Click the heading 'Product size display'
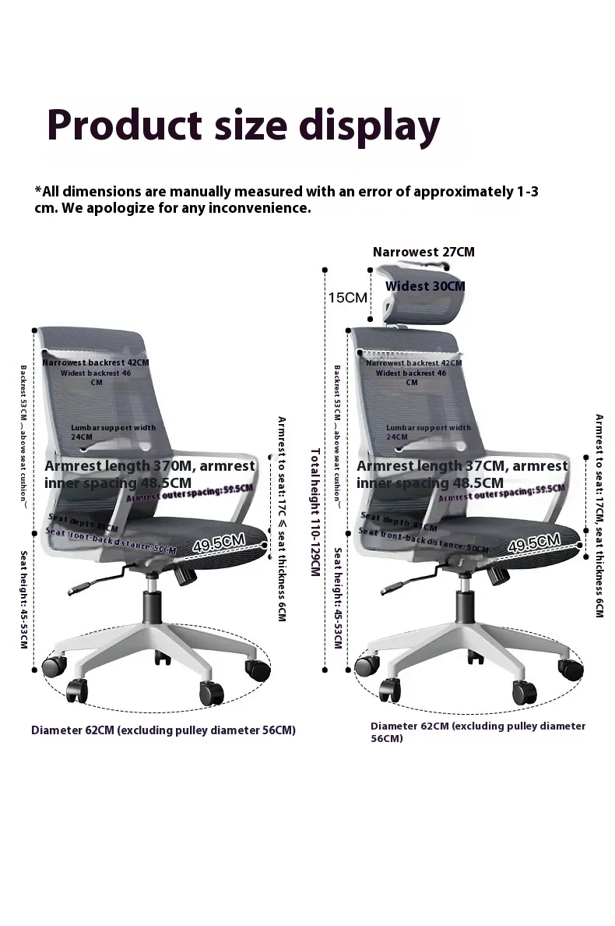coord(244,126)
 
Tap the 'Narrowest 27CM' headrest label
coord(423,252)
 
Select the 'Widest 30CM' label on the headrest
coord(425,286)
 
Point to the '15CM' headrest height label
coord(347,298)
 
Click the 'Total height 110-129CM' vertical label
coord(315,512)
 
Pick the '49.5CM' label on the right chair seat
coord(533,543)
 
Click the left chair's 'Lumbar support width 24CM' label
coord(113,432)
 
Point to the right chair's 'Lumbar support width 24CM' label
coord(428,432)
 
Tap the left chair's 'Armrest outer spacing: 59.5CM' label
coord(190,493)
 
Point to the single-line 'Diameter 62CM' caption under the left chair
coord(163,730)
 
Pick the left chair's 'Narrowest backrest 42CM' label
coord(96,363)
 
